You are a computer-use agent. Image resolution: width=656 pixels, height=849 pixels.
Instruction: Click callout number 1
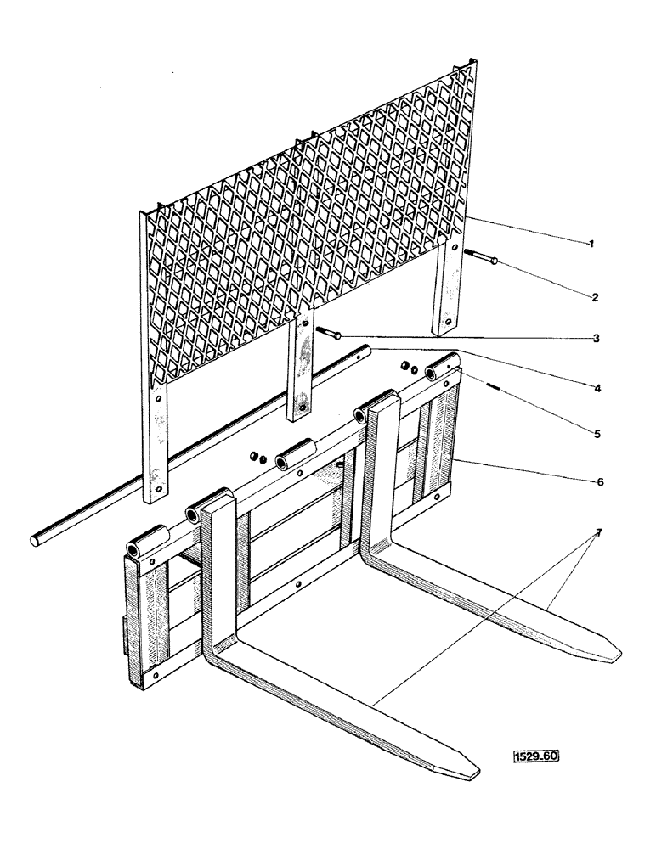pyautogui.click(x=592, y=245)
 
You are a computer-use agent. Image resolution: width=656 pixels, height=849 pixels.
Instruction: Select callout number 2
pyautogui.click(x=596, y=297)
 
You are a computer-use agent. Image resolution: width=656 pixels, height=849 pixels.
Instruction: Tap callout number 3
pyautogui.click(x=597, y=338)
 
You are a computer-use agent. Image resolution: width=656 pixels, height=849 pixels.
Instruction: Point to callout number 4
pyautogui.click(x=598, y=387)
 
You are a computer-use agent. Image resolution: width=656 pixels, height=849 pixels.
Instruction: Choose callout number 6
pyautogui.click(x=598, y=481)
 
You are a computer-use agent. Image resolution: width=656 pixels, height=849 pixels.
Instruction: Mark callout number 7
pyautogui.click(x=598, y=532)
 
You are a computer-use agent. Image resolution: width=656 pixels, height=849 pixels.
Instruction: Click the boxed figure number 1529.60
pyautogui.click(x=537, y=755)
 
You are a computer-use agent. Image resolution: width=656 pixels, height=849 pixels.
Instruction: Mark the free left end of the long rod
pyautogui.click(x=37, y=539)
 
